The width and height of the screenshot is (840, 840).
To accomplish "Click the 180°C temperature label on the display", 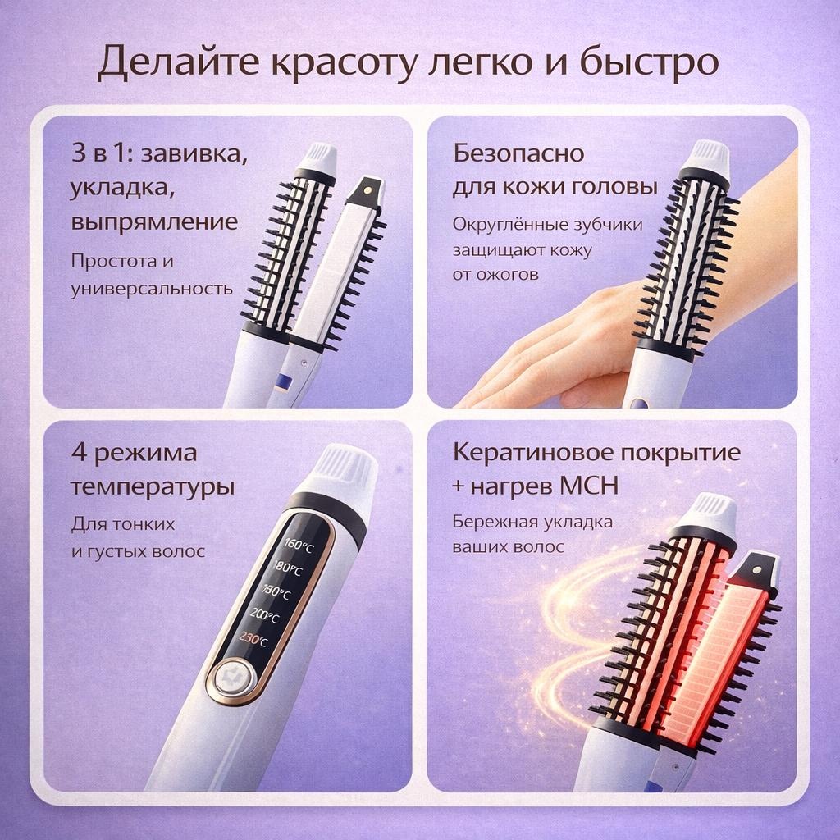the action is click(287, 568).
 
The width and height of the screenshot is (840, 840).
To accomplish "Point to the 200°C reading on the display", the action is click(264, 616).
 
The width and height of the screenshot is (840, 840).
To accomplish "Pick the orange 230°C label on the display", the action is click(253, 638).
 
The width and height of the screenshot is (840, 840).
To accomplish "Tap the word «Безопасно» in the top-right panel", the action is click(518, 153).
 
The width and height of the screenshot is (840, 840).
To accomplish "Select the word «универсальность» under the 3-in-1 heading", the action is click(152, 290).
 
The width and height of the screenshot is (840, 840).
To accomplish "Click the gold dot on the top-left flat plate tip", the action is click(368, 189).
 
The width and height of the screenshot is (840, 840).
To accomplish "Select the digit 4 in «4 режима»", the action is click(79, 453).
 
